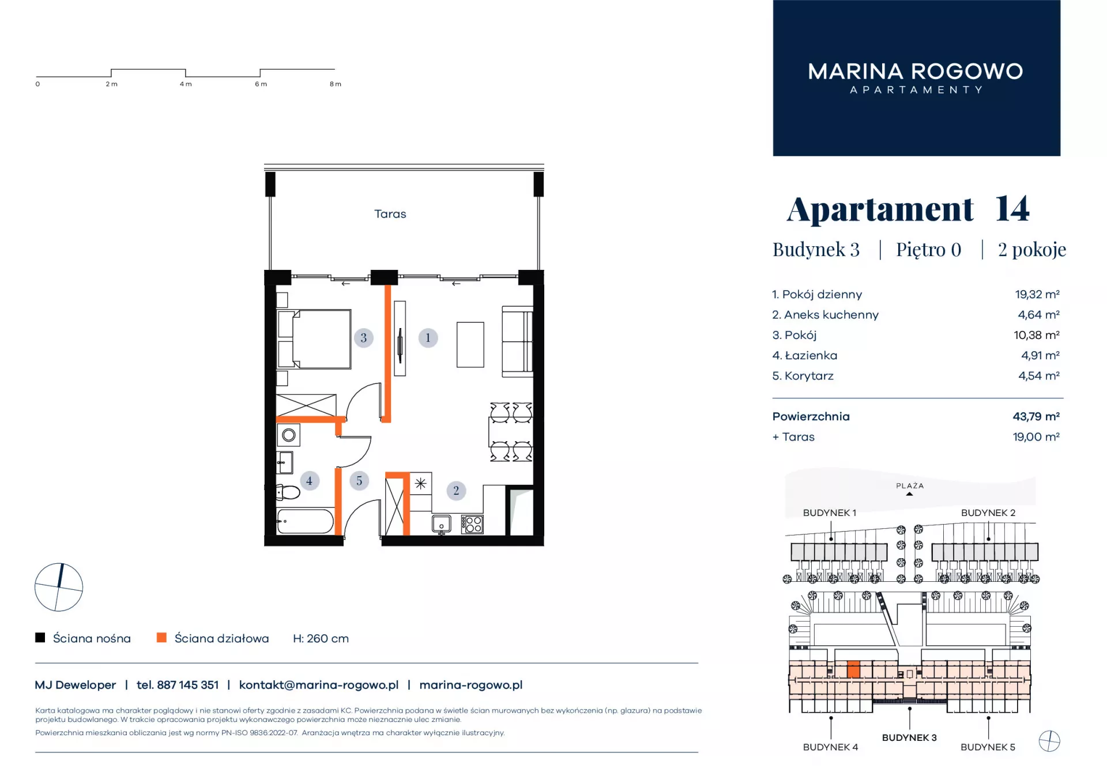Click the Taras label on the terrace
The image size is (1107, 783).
click(x=390, y=214)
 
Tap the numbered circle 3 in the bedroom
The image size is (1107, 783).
click(x=363, y=338)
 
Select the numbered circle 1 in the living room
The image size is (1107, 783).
click(x=428, y=338)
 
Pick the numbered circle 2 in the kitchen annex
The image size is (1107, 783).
click(x=456, y=491)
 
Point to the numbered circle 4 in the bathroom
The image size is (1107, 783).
click(x=310, y=480)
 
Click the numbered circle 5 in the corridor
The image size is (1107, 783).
click(x=359, y=480)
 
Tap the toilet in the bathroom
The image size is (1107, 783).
click(x=288, y=492)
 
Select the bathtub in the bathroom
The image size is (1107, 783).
click(x=305, y=521)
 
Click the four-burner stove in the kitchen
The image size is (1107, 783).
click(x=472, y=524)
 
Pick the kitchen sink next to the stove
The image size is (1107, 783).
click(x=442, y=524)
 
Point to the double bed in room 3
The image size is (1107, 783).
click(x=314, y=339)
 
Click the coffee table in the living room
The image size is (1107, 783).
click(x=470, y=345)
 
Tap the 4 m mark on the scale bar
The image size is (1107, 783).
click(x=186, y=84)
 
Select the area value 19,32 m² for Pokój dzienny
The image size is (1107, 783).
click(x=1037, y=295)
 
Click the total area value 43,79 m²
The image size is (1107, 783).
click(x=1036, y=416)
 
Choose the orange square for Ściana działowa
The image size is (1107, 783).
click(x=161, y=638)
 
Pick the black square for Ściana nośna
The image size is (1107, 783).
click(x=40, y=638)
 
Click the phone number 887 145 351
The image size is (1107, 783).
click(x=188, y=685)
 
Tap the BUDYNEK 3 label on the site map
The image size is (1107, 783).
click(x=909, y=737)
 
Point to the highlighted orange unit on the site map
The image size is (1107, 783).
click(x=853, y=669)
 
